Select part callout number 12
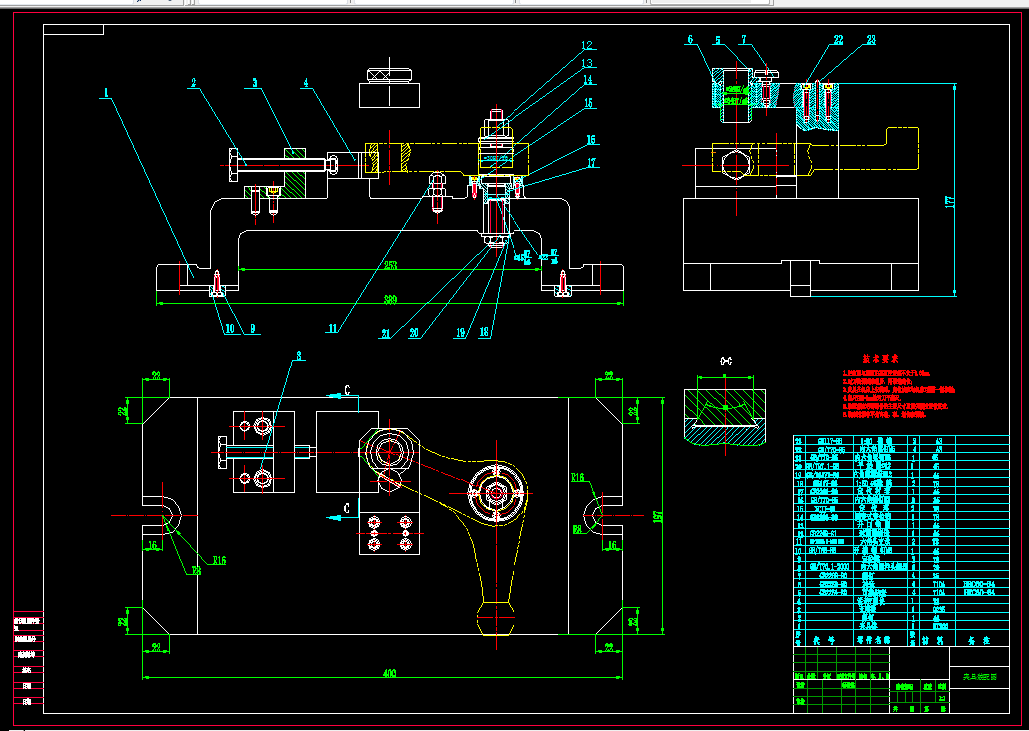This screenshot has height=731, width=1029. (x=588, y=45)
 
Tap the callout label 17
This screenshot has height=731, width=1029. (x=592, y=162)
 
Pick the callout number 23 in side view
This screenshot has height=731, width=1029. (x=871, y=41)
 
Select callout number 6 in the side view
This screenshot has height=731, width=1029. (x=690, y=40)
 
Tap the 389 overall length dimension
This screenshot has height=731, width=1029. (x=390, y=298)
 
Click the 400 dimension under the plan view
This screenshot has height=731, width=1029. (x=390, y=673)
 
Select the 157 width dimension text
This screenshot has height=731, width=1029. (x=658, y=515)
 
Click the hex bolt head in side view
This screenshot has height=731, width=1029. (x=735, y=165)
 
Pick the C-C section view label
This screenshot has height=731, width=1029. (x=726, y=360)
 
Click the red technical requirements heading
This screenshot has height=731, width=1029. (x=881, y=358)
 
